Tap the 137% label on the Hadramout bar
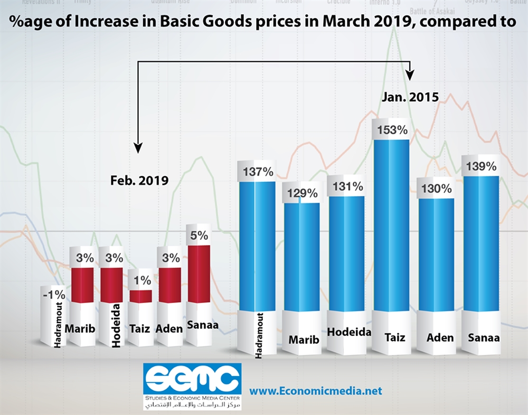click(257, 172)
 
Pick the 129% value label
click(302, 193)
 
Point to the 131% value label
click(347, 186)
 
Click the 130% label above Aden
click(436, 188)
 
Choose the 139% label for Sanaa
click(481, 166)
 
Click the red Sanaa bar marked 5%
click(199, 273)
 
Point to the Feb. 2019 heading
click(139, 180)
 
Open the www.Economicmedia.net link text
click(315, 391)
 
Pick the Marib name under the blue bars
click(304, 339)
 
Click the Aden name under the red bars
click(169, 328)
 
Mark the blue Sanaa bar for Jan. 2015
click(481, 243)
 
